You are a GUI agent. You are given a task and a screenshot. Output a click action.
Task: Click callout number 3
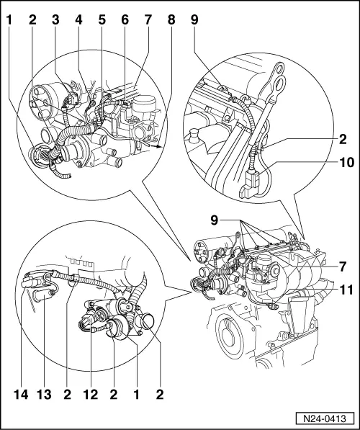(55, 19)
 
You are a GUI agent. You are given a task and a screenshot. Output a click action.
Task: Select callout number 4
(78, 19)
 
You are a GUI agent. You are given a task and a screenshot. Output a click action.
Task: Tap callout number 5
(102, 19)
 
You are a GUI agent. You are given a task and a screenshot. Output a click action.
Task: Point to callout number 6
(125, 19)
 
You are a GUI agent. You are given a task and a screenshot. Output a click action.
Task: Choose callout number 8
(171, 19)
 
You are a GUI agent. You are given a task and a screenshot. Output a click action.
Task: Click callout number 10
(347, 162)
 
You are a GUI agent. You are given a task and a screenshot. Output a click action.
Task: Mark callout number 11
(347, 290)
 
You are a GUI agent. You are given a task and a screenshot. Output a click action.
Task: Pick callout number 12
(91, 395)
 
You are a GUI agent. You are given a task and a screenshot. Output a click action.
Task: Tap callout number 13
(44, 395)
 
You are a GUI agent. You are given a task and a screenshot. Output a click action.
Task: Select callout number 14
(21, 395)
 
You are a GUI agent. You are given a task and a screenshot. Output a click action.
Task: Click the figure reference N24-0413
(325, 419)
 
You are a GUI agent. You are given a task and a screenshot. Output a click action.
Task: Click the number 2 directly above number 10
(343, 139)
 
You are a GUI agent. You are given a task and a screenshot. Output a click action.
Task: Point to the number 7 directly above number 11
(343, 266)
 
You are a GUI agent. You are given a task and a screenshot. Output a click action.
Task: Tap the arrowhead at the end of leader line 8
(158, 147)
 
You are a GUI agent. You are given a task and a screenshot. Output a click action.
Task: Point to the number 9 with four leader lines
(215, 220)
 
